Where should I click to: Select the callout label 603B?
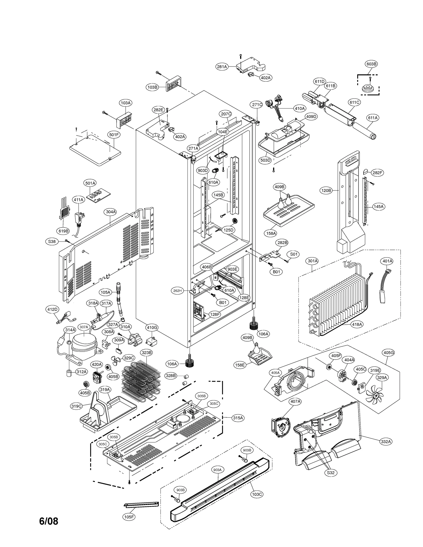point(371,64)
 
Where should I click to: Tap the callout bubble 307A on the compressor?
point(84,327)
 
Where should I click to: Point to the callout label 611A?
point(373,118)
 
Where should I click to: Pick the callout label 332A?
point(386,441)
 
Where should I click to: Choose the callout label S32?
point(331,473)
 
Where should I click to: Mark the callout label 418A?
point(357,324)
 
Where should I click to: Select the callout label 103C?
point(257,494)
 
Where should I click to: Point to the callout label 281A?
point(222,67)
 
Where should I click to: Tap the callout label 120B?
point(326,190)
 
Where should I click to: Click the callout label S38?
point(52,241)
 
